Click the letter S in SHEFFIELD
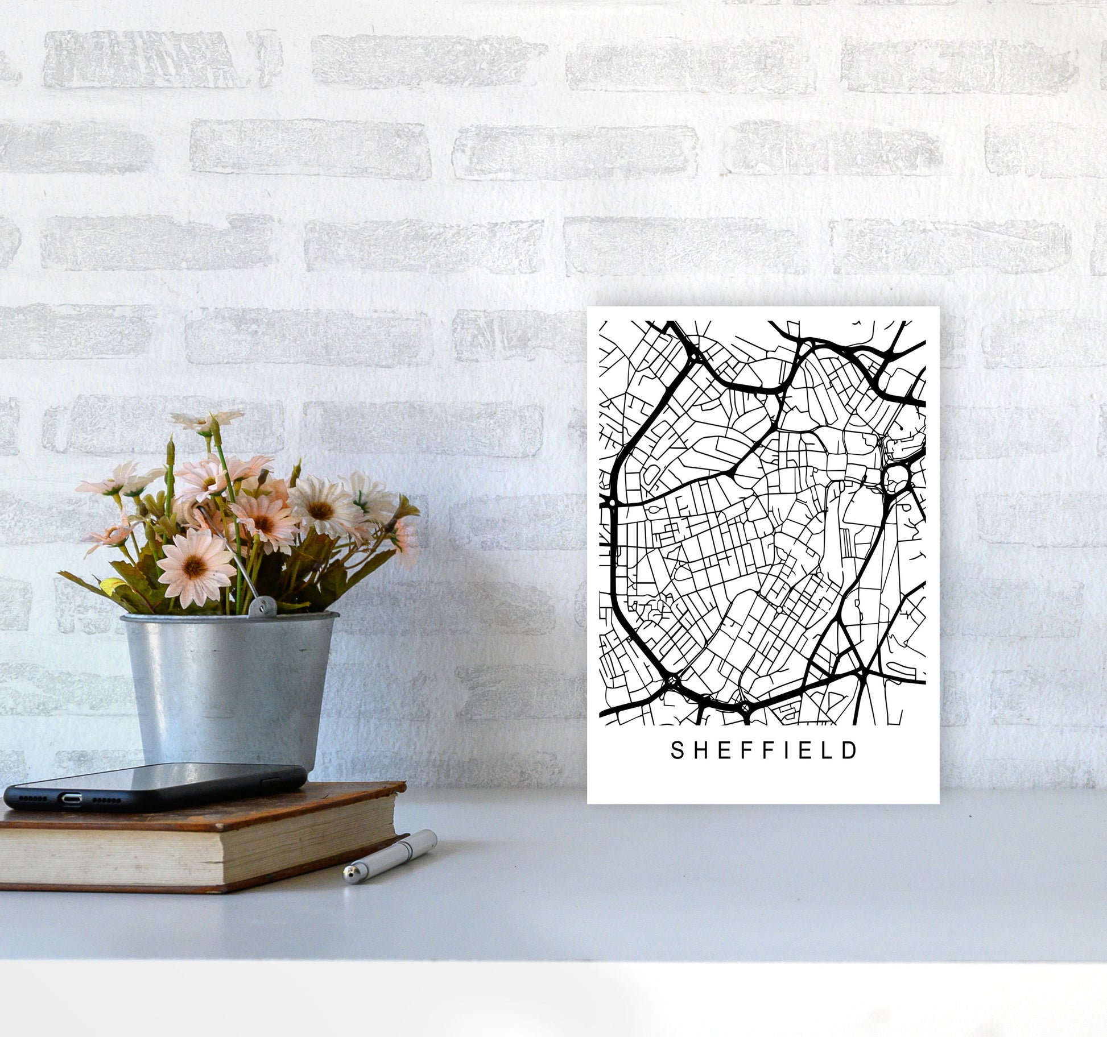678,750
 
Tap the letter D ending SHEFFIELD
850,750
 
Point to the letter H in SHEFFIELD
699,750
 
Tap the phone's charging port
71,799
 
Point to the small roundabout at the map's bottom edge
746,707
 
